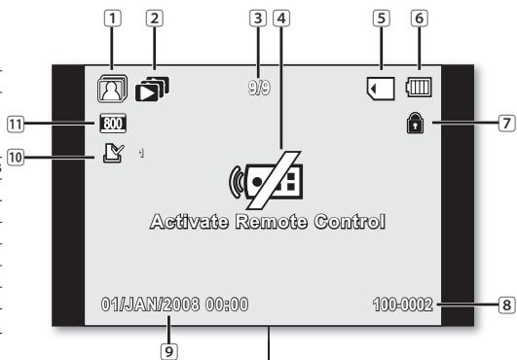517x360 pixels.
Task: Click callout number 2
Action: coord(153,18)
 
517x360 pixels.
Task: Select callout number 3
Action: coord(257,18)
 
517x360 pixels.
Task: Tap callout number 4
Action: coord(281,18)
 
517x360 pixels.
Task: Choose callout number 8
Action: coord(504,305)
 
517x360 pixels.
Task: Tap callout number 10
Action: coord(17,156)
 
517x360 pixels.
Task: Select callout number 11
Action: coord(17,124)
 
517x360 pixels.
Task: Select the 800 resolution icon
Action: coord(112,124)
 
